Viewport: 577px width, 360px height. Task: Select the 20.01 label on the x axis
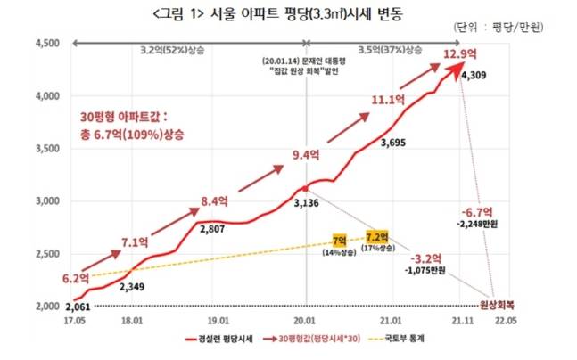coord(306,318)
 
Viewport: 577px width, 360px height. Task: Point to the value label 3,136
coord(308,203)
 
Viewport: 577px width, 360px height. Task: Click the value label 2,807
coord(210,229)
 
